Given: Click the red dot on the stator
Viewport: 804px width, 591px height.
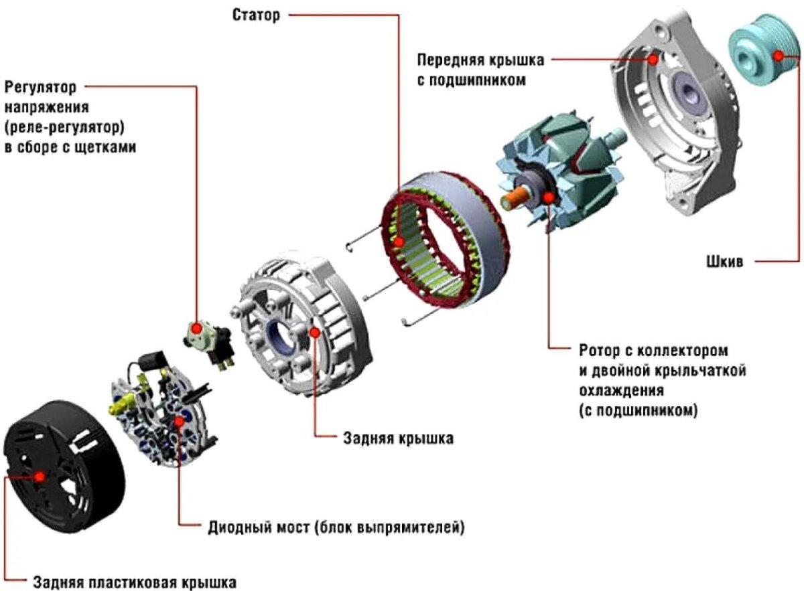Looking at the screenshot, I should (399, 242).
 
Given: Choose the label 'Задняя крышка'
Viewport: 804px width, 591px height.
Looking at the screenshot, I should (397, 439).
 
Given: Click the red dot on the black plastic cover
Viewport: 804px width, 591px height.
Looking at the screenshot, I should (40, 476).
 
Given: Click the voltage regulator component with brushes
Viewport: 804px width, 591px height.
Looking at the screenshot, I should (211, 341).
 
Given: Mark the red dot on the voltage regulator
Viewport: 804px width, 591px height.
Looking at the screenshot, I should (196, 329).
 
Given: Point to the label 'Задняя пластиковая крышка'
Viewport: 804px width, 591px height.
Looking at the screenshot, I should (134, 580).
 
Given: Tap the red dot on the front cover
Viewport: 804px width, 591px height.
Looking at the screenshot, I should (653, 58).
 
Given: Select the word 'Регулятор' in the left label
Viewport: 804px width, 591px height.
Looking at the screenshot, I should (41, 87).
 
